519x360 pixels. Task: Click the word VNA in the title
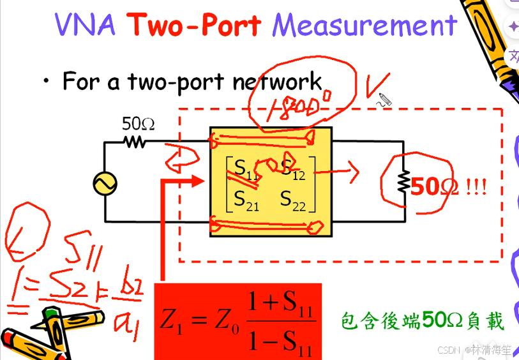[85, 25]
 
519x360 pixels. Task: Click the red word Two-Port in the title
[193, 25]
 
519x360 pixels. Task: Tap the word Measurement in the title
[365, 25]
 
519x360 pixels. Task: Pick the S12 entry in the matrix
[294, 169]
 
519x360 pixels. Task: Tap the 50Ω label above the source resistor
[139, 124]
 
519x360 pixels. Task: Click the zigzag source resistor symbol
[135, 142]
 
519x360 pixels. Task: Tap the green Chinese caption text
[423, 320]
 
